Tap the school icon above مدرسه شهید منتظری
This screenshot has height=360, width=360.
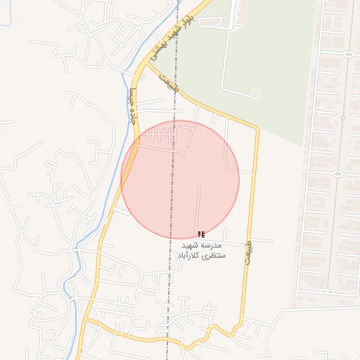pos(201,234)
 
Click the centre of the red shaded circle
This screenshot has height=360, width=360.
pos(180,179)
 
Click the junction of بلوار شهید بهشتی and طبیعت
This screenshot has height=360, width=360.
pos(147,65)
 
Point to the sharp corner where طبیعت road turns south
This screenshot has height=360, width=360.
pos(257,129)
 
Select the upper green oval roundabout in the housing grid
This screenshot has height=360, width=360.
pos(348,54)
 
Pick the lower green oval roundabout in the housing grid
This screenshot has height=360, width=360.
pos(337,174)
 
